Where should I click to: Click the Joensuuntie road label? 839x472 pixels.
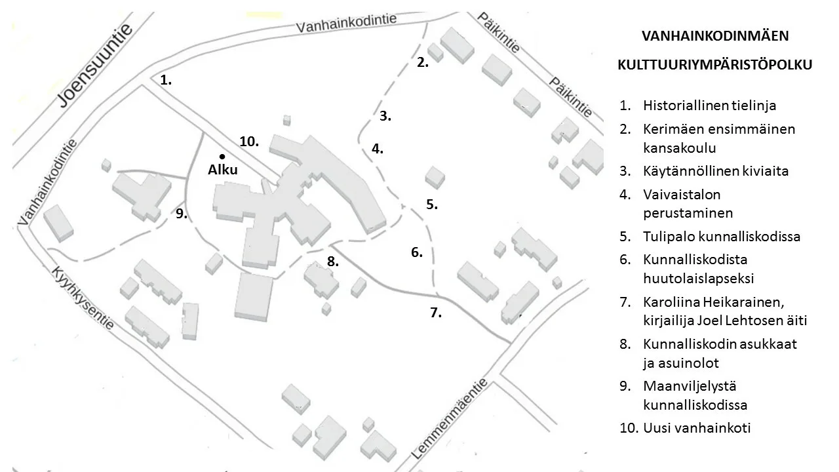coord(95,66)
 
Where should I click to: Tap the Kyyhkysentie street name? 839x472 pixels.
coord(83,298)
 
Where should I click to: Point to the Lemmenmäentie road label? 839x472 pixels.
coord(450,418)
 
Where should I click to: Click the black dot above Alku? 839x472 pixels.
coord(222,157)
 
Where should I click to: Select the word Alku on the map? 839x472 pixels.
coord(223,170)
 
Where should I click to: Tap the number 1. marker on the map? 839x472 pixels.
coord(166,80)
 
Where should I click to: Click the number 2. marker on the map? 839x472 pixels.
coord(423,62)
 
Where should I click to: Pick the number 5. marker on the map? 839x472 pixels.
coord(432,204)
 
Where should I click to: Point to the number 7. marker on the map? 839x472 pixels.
coord(436,312)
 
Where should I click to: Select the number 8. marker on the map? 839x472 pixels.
coord(333,262)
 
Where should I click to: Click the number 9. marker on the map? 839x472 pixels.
coord(182,214)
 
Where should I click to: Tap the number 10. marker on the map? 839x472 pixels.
coord(249,141)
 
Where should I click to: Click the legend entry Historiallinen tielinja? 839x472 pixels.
coord(709,106)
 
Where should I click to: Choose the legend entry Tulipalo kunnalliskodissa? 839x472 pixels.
coord(722,237)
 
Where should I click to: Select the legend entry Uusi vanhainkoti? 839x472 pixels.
coord(697,428)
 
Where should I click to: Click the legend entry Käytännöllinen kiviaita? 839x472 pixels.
coord(716,171)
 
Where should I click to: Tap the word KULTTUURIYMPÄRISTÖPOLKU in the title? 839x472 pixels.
coord(715,65)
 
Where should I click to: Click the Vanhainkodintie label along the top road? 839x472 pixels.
coord(346,23)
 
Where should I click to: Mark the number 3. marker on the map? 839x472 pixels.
coord(385,116)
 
